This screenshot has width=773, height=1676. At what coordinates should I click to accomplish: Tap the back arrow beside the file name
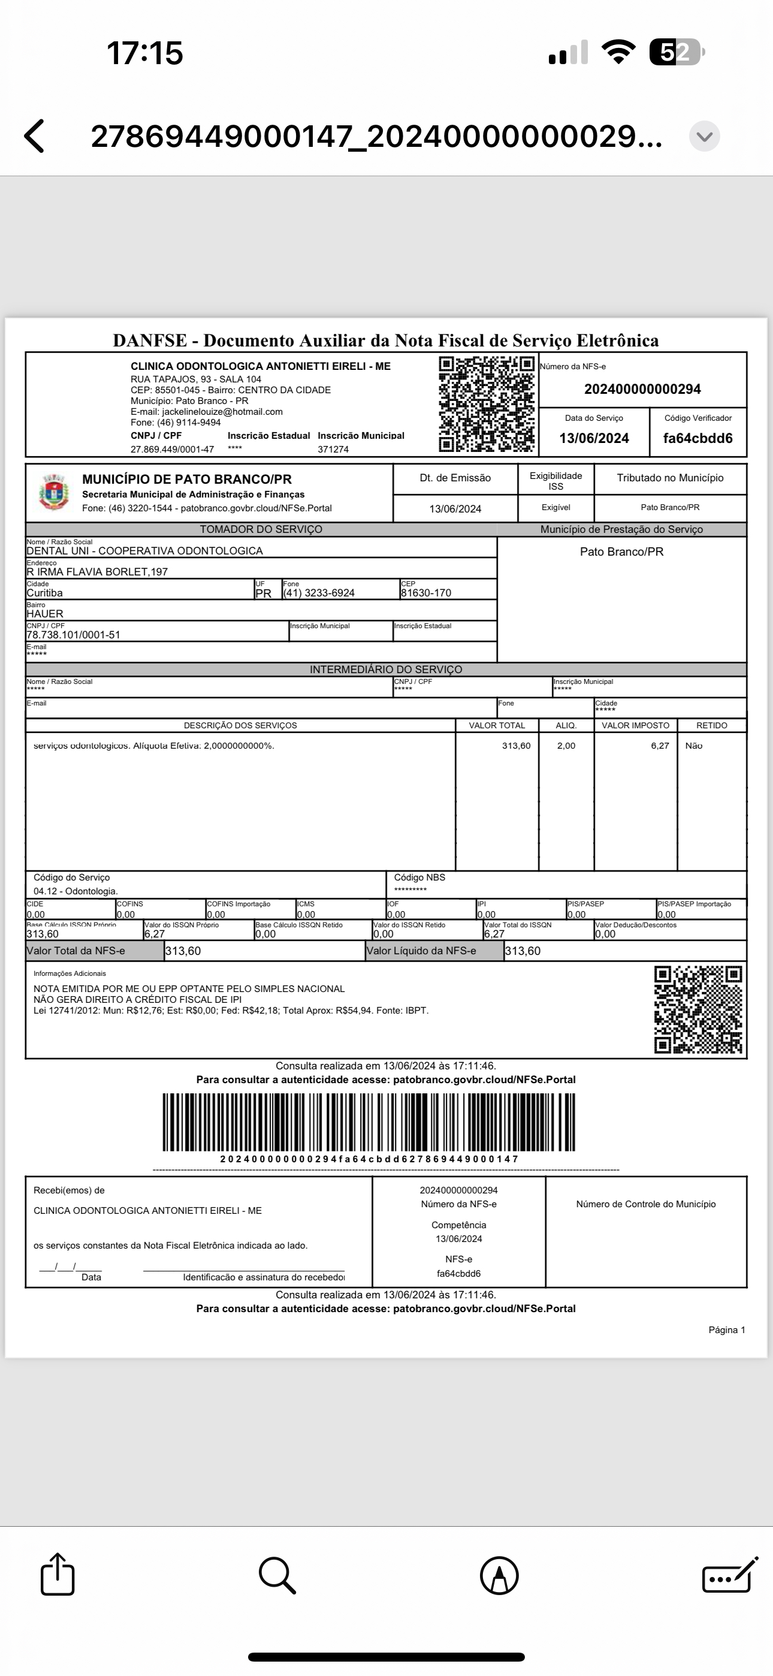tap(35, 136)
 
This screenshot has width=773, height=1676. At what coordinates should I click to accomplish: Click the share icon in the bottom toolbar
tap(58, 1575)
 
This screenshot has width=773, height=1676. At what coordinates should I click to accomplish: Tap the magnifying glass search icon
tap(277, 1575)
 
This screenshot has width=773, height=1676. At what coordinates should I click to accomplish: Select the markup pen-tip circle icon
tap(499, 1575)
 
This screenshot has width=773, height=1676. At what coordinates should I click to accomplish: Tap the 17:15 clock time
tap(144, 53)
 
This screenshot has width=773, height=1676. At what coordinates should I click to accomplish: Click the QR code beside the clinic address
tap(487, 404)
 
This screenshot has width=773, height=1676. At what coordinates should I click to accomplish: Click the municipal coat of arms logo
tap(53, 493)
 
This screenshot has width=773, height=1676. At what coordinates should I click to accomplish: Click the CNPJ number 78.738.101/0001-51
tap(74, 634)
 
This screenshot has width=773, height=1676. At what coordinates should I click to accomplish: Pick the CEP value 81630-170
tap(425, 593)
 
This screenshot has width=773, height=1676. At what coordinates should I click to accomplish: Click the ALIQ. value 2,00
tap(566, 746)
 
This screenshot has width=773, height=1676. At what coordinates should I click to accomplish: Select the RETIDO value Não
tap(694, 746)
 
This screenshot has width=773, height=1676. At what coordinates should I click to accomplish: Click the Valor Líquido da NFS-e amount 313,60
tap(523, 951)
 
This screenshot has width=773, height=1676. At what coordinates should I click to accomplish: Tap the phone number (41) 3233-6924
tap(319, 593)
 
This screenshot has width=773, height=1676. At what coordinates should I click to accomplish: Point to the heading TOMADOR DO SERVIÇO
tap(261, 529)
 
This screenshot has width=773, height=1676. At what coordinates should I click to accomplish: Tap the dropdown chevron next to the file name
tap(704, 137)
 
